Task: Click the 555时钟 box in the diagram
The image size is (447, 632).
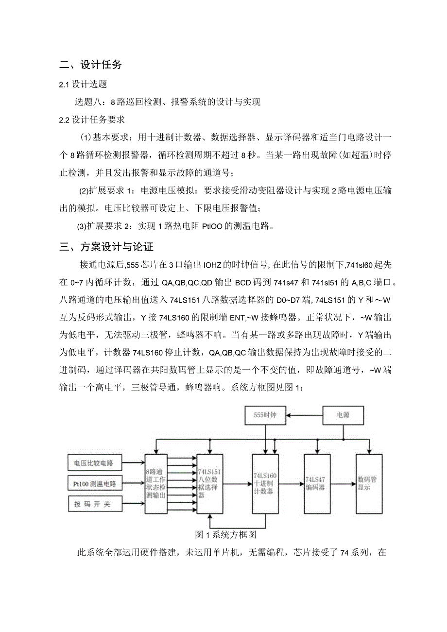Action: (x=265, y=416)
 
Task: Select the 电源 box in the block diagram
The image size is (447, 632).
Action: (x=344, y=416)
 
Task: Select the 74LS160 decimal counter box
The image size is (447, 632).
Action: (x=265, y=484)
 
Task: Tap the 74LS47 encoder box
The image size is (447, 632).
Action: (x=317, y=484)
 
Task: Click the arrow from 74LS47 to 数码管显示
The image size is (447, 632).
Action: (x=343, y=484)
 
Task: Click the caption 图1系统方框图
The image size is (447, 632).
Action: (x=225, y=535)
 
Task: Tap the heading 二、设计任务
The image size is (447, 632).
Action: (x=90, y=65)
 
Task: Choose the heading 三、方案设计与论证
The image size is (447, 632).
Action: (x=106, y=247)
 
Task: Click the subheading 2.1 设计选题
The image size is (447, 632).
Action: (x=83, y=85)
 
